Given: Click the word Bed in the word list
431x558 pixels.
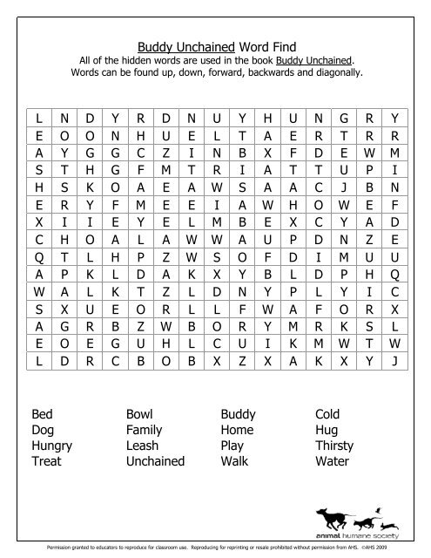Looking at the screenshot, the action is point(43,414).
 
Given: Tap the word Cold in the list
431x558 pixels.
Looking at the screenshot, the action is point(329,414).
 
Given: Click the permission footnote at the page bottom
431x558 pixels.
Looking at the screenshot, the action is point(215,551).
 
